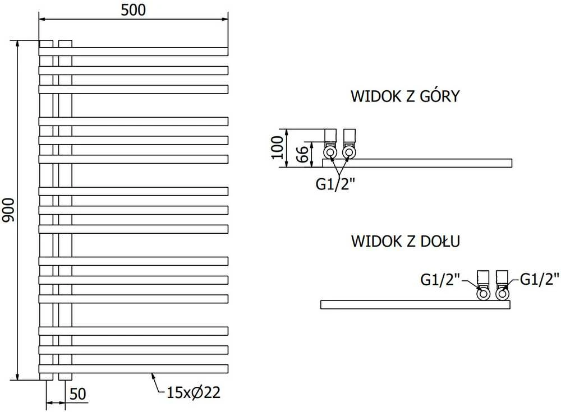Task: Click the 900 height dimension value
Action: [8, 210]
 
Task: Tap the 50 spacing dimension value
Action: [77, 394]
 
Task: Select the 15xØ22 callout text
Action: [194, 393]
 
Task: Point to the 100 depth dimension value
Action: [277, 147]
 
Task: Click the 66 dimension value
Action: [302, 154]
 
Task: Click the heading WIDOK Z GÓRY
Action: [405, 96]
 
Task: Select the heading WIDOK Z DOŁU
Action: [406, 241]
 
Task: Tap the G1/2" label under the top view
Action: [335, 184]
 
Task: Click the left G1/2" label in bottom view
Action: [440, 279]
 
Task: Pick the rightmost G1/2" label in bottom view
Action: [539, 279]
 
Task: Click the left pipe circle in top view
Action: [330, 152]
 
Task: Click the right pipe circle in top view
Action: [349, 152]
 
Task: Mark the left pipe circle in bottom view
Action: [484, 294]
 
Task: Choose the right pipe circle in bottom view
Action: [502, 294]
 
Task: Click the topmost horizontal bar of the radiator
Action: [133, 52]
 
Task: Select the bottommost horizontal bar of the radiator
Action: [133, 368]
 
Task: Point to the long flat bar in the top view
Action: [417, 163]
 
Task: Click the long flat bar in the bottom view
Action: [415, 305]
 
